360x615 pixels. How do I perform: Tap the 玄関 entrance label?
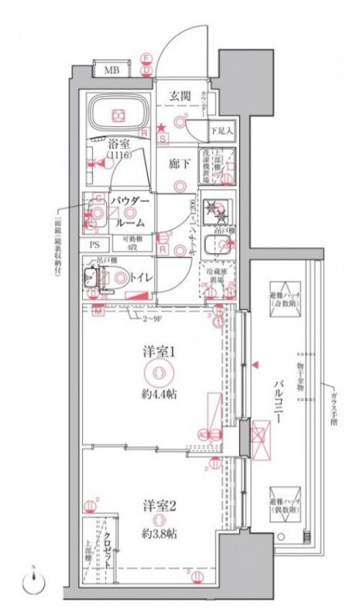[181, 96]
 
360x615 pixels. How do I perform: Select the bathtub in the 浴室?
[118, 115]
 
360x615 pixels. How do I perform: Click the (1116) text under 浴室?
[119, 156]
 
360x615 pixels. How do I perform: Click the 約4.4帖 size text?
[159, 394]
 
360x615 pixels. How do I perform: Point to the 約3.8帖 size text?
[159, 534]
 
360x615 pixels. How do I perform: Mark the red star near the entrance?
[161, 127]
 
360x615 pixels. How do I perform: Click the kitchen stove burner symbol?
[213, 208]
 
